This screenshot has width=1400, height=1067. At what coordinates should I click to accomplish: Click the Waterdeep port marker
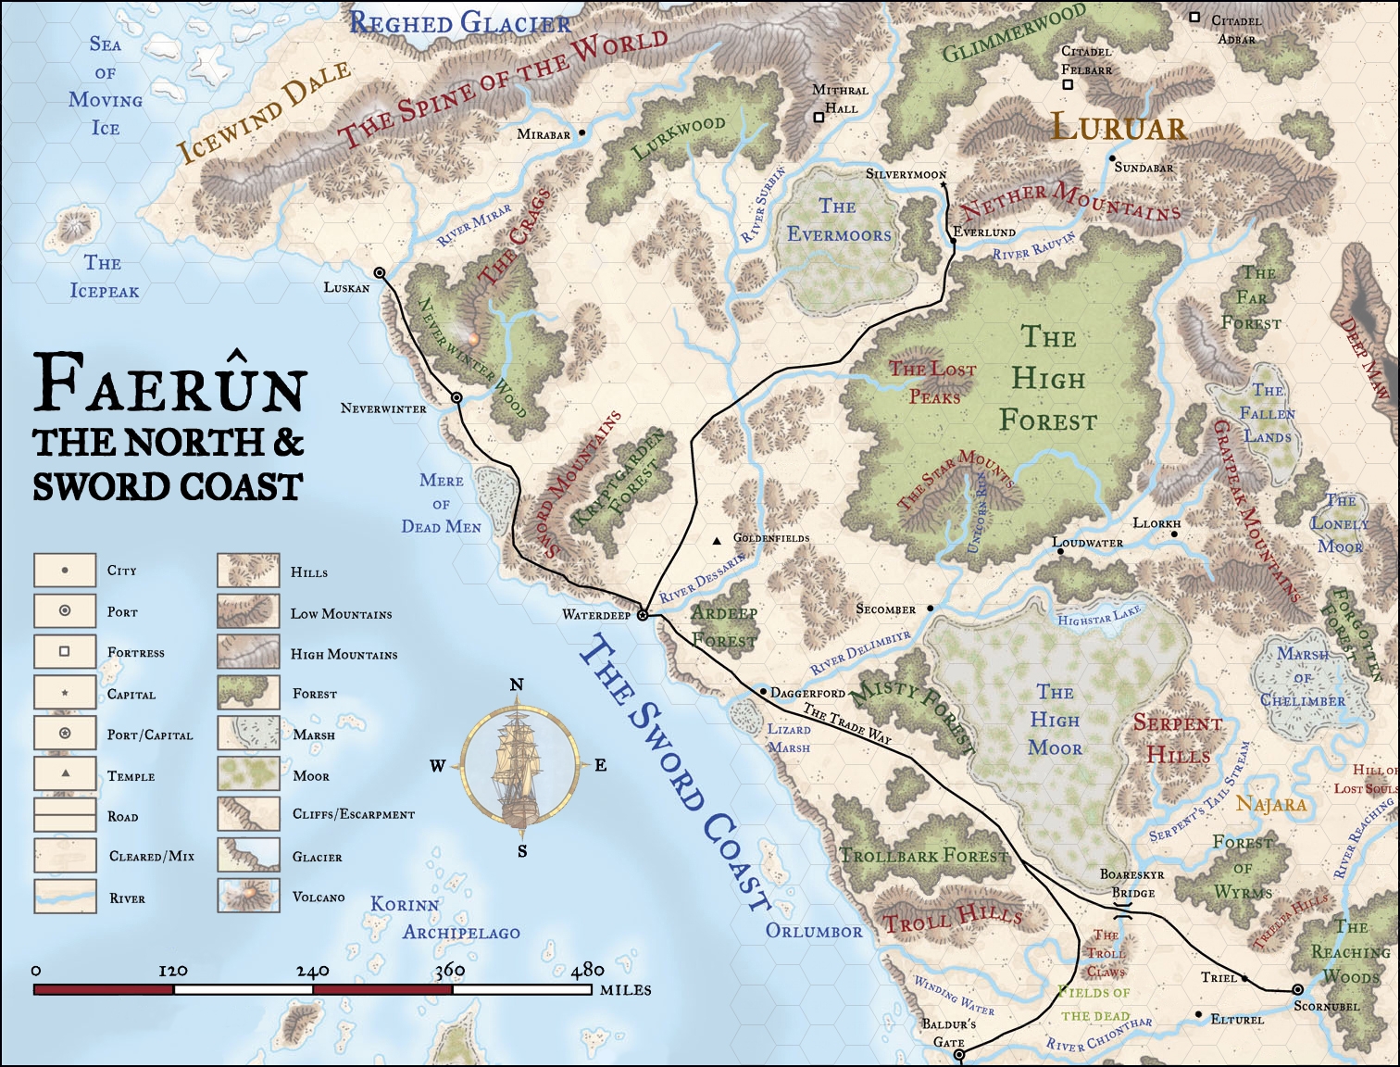coord(643,615)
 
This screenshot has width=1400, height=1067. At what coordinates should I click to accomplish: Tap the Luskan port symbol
coord(380,272)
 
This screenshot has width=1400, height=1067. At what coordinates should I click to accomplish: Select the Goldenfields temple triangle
coord(717,540)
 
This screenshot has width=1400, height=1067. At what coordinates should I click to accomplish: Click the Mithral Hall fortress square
coord(819,118)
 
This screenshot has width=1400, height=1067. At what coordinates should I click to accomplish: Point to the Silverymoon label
coord(906,174)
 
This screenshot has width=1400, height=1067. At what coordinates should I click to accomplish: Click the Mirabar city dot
coord(582,133)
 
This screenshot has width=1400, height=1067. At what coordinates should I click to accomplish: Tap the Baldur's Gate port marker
coord(959,1054)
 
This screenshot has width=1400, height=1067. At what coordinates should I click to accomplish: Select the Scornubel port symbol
coord(1297,989)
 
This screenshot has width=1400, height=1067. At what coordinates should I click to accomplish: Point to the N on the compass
coord(517,684)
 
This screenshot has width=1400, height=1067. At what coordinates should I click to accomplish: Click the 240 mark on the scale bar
coord(313,971)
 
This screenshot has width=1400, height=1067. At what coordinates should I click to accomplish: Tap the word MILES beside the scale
coord(625,990)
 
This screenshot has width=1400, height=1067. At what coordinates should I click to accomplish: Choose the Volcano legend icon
coord(249,896)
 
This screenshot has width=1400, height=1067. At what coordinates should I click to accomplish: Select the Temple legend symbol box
coord(65,774)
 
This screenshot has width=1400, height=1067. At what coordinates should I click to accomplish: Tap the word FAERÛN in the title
coord(169,383)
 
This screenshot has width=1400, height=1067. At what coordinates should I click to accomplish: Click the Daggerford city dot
coord(763,692)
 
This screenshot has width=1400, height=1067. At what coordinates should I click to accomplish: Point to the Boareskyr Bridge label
coord(1132,884)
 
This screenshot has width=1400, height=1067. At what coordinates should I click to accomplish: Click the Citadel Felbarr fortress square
coord(1067,84)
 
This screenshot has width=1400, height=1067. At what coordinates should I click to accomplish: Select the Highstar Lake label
coord(1099,615)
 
